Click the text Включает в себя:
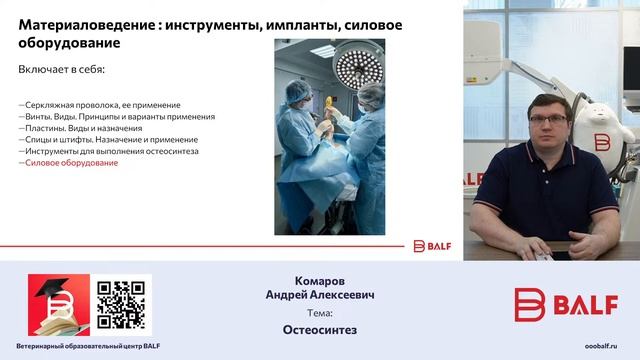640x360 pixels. pos(61,70)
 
